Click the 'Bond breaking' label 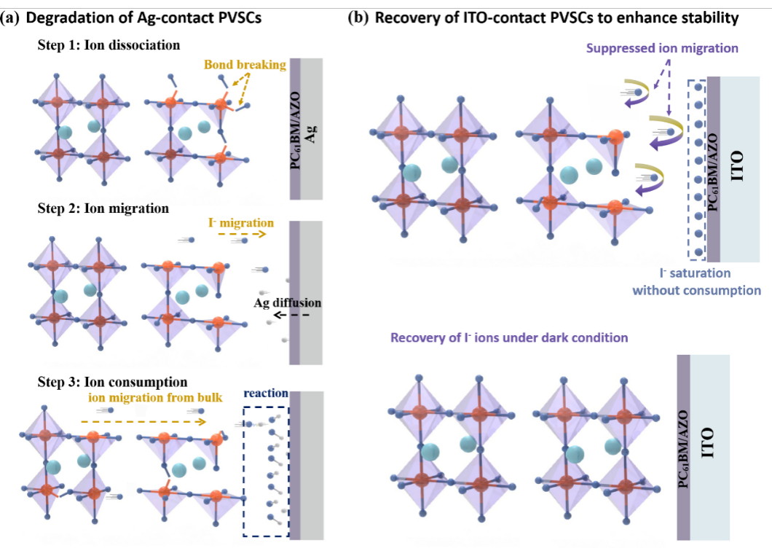coord(245,65)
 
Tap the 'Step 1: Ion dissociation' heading coord(109,45)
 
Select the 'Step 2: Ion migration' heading coord(103,208)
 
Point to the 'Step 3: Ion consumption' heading coord(112,382)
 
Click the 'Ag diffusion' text coord(288,302)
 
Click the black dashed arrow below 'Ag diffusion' coord(291,315)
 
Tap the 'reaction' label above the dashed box coord(266,393)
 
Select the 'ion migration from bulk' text coord(155,397)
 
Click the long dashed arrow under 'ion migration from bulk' coord(143,421)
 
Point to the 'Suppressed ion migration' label coord(662,48)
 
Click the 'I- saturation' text coord(695,273)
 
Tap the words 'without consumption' coord(697,290)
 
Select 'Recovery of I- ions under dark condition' coord(509,337)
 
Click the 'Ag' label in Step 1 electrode coord(311,133)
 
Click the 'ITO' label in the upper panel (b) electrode coord(737,166)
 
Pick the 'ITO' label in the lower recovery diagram coord(707,442)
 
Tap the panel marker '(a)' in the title coord(10,18)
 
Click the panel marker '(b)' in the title coord(358,17)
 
